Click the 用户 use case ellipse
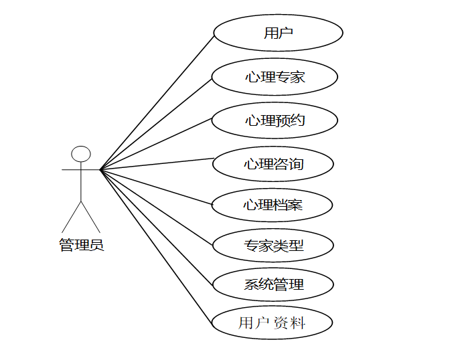click(278, 33)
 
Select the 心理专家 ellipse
click(275, 77)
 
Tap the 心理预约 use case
click(275, 120)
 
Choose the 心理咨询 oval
click(273, 163)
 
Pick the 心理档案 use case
click(273, 204)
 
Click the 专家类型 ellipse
click(273, 246)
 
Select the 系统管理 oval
click(273, 284)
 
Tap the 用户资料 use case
click(272, 323)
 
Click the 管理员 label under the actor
click(81, 245)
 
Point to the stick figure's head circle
click(81, 154)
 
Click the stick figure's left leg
click(72, 216)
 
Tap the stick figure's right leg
click(90, 216)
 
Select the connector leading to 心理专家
click(156, 124)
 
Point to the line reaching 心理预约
click(156, 145)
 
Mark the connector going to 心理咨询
click(156, 165)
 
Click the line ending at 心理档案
click(156, 185)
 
